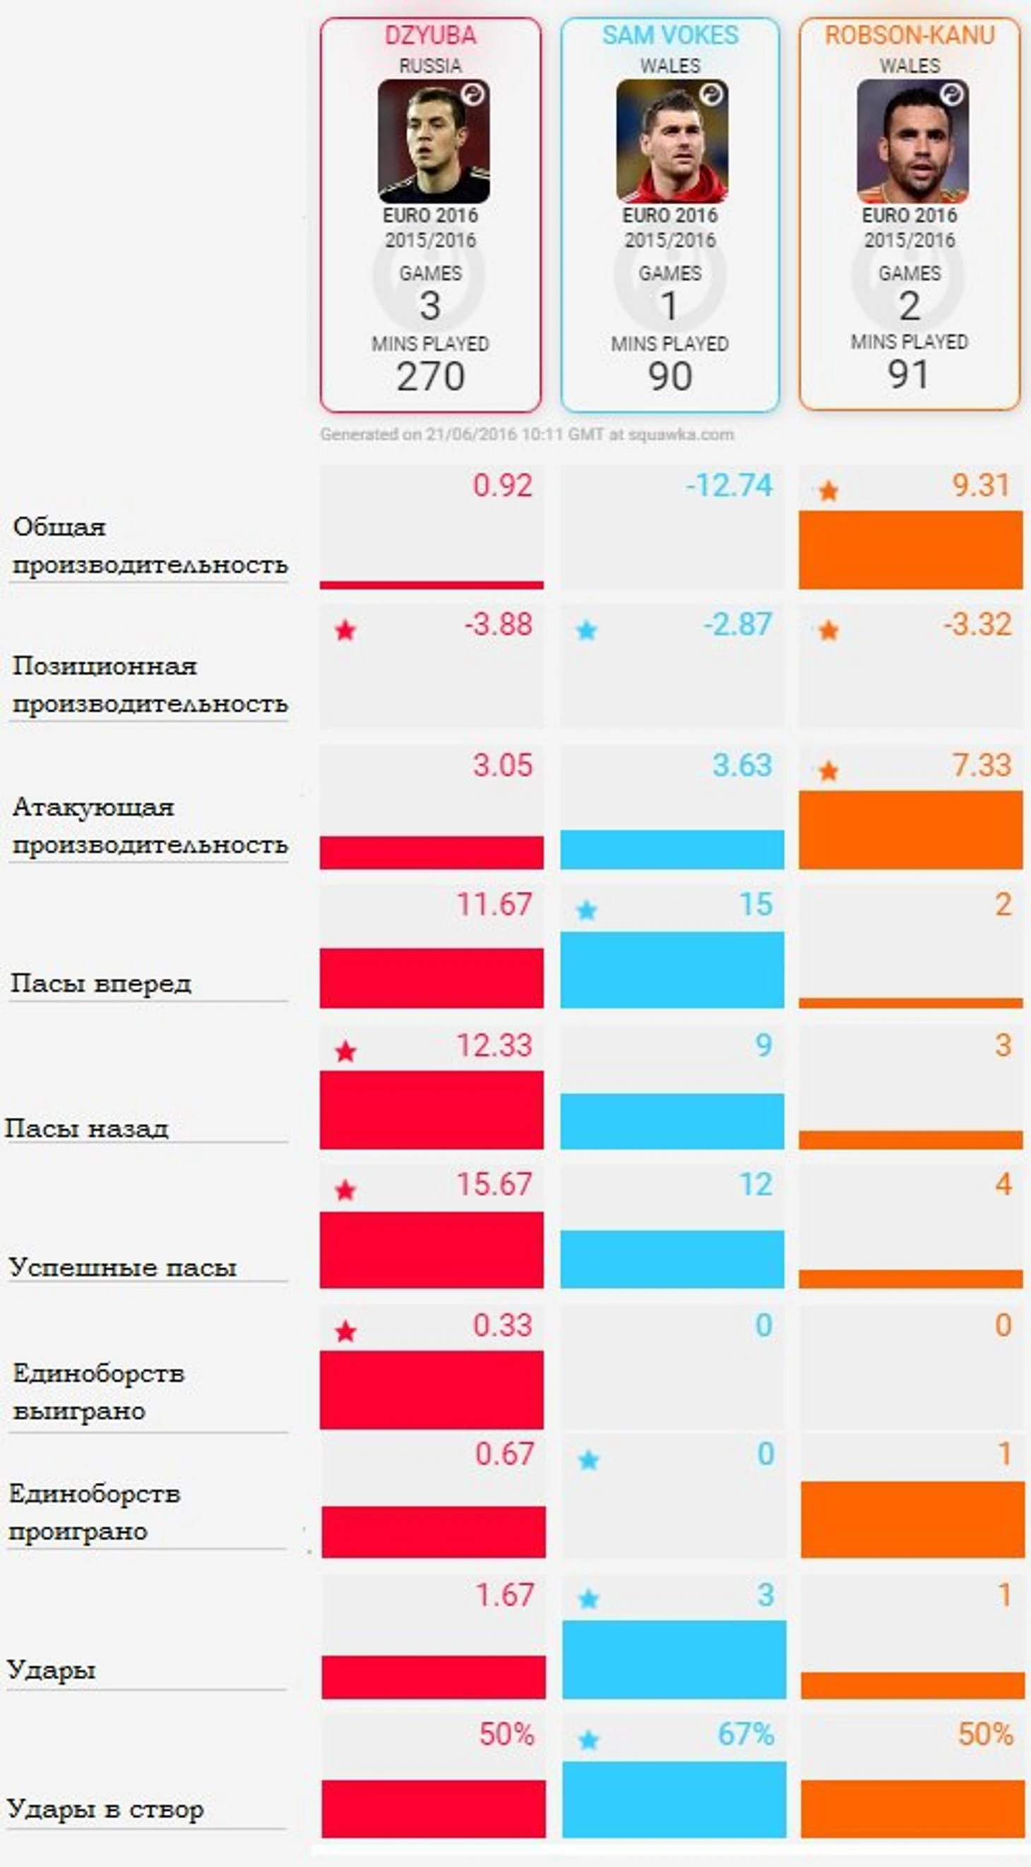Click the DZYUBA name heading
click(x=430, y=35)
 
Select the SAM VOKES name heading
click(x=670, y=35)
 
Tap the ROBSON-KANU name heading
click(x=910, y=35)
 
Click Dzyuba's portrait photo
click(x=433, y=141)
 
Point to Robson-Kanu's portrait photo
click(x=912, y=141)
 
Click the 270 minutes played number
click(x=430, y=376)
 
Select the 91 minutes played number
click(x=908, y=374)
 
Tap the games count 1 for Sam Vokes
click(x=669, y=305)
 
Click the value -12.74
click(x=729, y=486)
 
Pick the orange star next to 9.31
click(x=828, y=491)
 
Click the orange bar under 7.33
click(x=911, y=830)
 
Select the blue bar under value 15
click(x=672, y=970)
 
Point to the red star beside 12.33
click(x=346, y=1051)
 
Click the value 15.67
click(x=494, y=1184)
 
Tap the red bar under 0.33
click(x=431, y=1390)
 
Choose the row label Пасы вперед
click(x=101, y=984)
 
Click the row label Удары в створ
click(x=105, y=1809)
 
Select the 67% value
click(x=746, y=1734)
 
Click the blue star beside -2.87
click(x=587, y=631)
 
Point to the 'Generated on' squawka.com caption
click(x=527, y=434)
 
